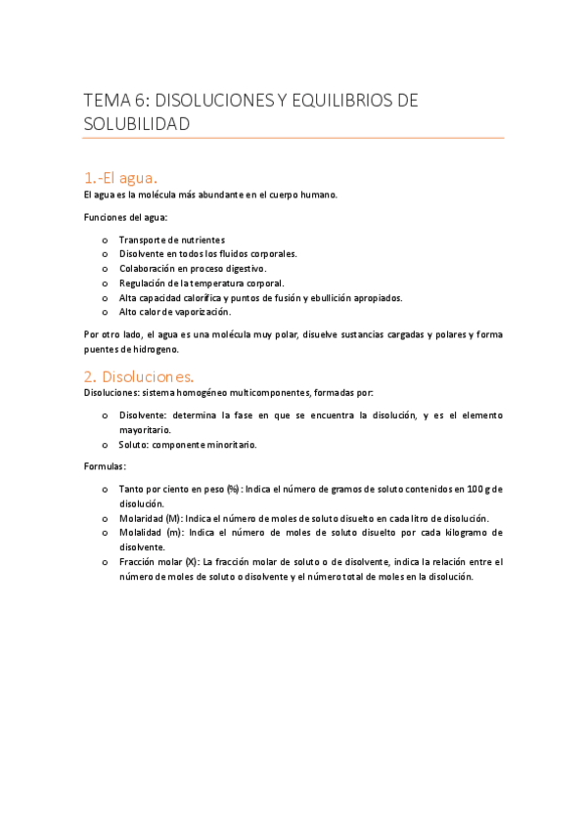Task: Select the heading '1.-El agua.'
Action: (120, 177)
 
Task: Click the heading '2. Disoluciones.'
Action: (139, 375)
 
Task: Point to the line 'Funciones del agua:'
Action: (126, 217)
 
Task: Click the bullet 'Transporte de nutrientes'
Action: (171, 240)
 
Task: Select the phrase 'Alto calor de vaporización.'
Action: (175, 312)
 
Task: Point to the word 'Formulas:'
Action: (105, 465)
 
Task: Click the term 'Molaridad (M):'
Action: (151, 518)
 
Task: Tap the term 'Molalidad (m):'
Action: (151, 533)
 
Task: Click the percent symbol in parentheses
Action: (233, 489)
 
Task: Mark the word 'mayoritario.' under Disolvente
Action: (145, 429)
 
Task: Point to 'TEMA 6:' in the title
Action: (116, 100)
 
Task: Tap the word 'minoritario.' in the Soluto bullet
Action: (230, 444)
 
